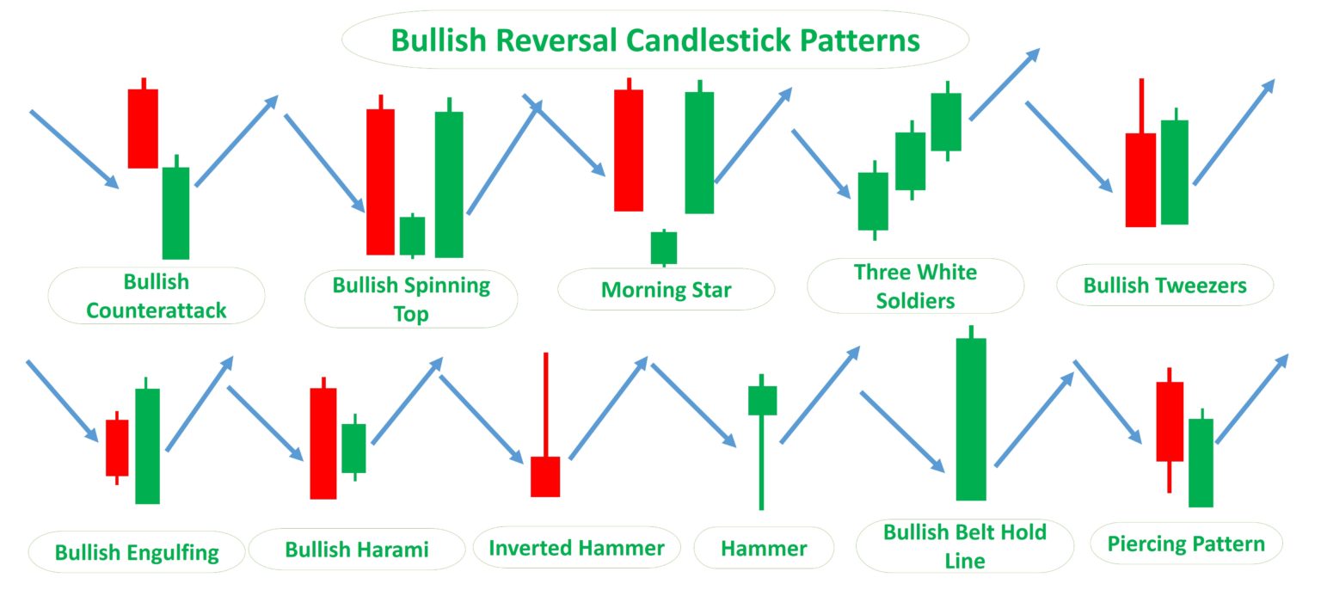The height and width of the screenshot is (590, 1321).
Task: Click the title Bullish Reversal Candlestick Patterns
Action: pos(655,40)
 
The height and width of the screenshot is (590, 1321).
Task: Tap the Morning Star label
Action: pos(666,289)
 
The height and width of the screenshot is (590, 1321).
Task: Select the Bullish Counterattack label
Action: pos(157,296)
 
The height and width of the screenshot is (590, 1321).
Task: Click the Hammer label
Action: pos(764,548)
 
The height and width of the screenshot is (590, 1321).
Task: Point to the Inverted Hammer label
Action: pos(576,548)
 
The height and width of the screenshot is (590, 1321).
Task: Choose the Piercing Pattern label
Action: pos(1186,544)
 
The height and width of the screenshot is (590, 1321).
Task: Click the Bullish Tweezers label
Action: pos(1164,285)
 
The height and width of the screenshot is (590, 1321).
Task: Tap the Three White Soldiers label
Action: pos(915,286)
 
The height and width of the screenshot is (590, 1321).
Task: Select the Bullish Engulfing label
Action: pos(137,551)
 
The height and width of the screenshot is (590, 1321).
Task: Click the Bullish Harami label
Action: pos(356,549)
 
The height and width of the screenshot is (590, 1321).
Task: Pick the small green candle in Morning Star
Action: pos(664,248)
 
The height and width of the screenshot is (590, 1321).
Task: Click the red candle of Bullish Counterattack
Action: pos(143,128)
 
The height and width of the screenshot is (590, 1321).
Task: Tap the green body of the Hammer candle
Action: pos(762,401)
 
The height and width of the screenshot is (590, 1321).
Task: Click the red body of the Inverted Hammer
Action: pos(545,476)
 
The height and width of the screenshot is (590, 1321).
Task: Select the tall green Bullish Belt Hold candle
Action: pos(971,419)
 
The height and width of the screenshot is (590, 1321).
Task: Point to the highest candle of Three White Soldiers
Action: pos(946,121)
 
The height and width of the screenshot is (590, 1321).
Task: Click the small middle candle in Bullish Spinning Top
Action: pos(412,236)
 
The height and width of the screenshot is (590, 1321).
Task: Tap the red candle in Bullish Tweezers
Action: pos(1140,180)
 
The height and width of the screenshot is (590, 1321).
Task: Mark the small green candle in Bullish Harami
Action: pos(353,448)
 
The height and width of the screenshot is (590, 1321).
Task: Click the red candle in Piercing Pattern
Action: pos(1170,421)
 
